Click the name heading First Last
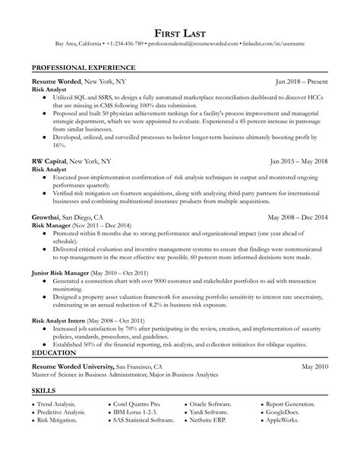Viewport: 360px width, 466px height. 179,34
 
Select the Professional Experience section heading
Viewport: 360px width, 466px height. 79,68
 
